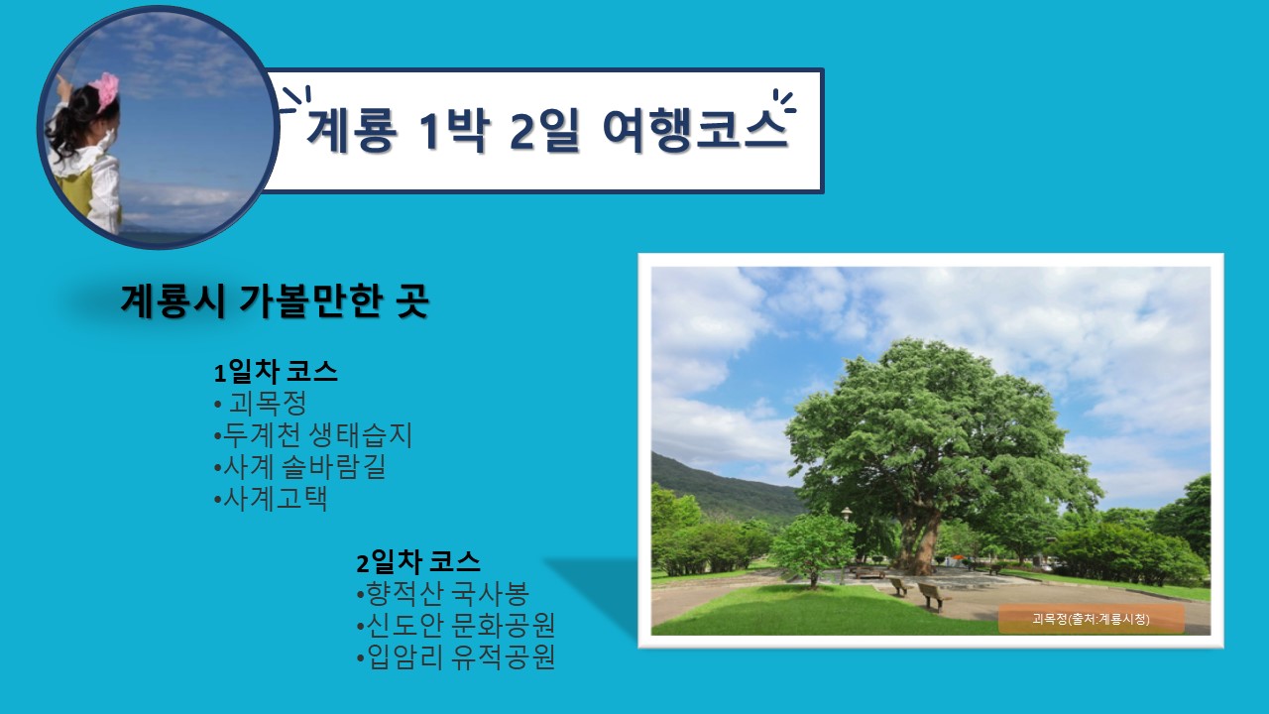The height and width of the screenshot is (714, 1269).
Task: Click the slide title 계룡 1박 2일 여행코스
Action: [x=546, y=131]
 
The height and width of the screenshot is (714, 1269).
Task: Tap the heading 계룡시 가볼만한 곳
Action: [x=274, y=301]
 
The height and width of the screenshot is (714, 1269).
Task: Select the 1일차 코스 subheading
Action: [x=277, y=372]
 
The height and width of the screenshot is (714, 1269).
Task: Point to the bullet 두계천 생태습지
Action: [x=313, y=435]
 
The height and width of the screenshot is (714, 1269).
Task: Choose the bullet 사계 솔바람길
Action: [x=299, y=467]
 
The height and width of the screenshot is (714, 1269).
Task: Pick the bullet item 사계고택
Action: [x=271, y=499]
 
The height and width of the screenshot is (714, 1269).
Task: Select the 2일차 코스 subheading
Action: [x=418, y=562]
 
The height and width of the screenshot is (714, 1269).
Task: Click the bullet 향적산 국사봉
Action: [x=442, y=594]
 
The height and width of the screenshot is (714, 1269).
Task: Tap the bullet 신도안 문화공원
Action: [x=455, y=626]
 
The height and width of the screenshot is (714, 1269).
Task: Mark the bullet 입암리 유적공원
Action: [x=455, y=657]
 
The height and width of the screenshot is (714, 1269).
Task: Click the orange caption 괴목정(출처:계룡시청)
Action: [x=1091, y=619]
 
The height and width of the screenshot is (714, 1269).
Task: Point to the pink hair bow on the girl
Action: [x=104, y=91]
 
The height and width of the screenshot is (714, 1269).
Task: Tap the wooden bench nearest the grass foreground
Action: [x=932, y=595]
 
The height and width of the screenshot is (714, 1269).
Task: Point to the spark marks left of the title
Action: [x=294, y=100]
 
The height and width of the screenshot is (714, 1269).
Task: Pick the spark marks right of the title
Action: [x=782, y=101]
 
